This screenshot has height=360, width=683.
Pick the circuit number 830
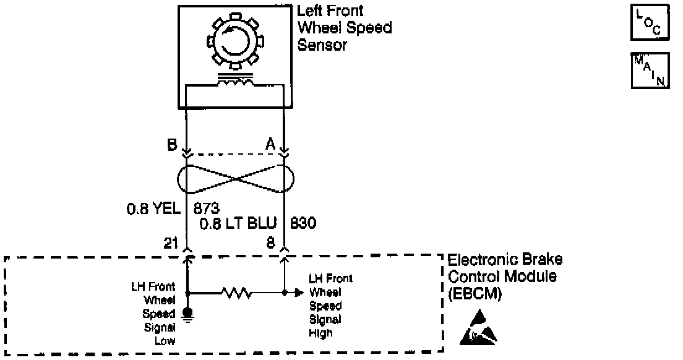tap(303, 223)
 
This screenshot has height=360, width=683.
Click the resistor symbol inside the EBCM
tap(235, 292)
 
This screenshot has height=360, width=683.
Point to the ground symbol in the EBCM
tap(187, 315)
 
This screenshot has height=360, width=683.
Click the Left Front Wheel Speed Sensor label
tap(344, 28)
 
